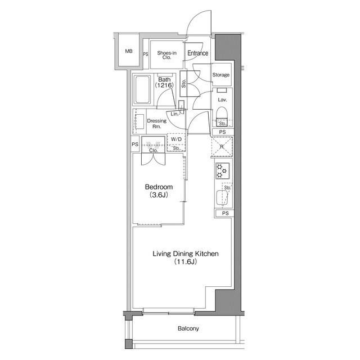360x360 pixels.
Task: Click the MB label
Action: (129, 51)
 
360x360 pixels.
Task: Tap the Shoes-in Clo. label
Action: (166, 55)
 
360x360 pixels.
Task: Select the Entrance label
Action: (197, 53)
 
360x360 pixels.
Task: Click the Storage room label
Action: (221, 75)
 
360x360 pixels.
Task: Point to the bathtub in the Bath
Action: (143, 90)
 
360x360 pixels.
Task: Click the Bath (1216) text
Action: (164, 83)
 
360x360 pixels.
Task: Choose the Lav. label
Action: (223, 100)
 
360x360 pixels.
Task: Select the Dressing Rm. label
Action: (157, 124)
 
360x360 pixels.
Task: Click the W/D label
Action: (176, 139)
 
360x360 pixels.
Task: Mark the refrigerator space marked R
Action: (222, 146)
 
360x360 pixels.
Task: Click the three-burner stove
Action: (222, 171)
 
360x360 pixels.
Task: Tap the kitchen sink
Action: (222, 197)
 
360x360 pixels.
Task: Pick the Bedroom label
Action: (159, 187)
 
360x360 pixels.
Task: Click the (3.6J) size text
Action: (159, 195)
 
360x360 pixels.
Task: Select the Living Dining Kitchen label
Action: (186, 254)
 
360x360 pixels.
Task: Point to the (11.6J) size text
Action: (186, 262)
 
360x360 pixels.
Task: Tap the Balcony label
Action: (188, 328)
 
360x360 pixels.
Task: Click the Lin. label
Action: (175, 114)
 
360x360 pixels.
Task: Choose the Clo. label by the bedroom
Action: (154, 151)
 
